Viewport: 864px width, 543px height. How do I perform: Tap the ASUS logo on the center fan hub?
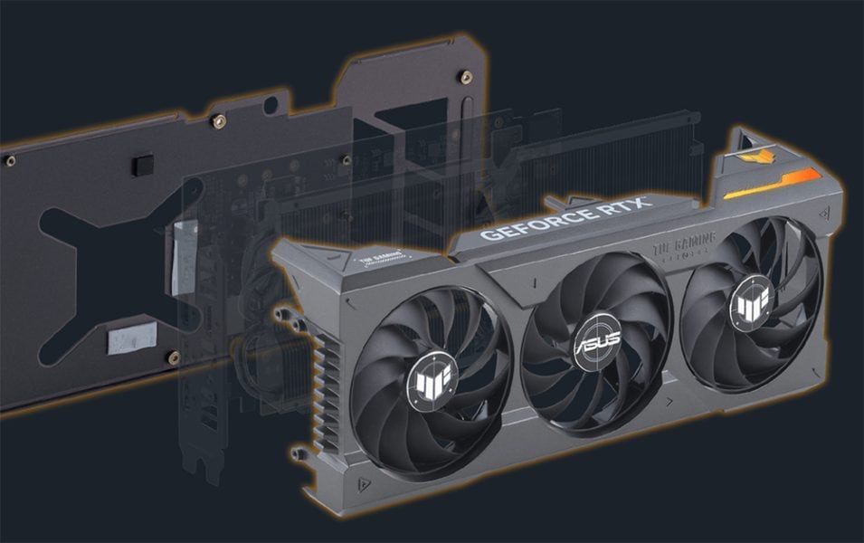pos(594,346)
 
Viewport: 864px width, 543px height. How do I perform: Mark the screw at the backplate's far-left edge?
pos(10,161)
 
